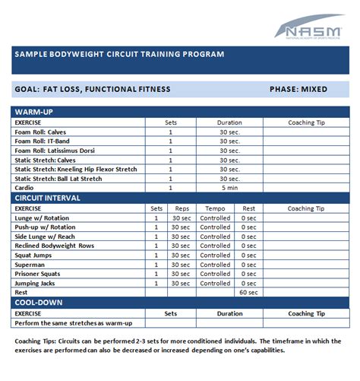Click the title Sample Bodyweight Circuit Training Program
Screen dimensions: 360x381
[x=119, y=55]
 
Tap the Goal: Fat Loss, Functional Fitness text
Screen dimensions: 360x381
[x=92, y=89]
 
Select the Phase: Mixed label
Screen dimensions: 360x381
[x=298, y=89]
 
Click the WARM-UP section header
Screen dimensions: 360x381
[x=35, y=112]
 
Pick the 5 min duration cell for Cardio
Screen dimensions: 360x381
[x=230, y=188]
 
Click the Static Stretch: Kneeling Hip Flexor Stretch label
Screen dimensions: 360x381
[x=76, y=169]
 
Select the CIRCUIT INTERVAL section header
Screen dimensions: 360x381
[x=48, y=198]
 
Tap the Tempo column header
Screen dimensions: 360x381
[x=215, y=208]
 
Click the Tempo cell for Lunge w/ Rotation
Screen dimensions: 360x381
[x=215, y=217]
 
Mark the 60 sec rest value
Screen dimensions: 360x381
[x=248, y=292]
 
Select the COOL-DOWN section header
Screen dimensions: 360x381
[x=37, y=302]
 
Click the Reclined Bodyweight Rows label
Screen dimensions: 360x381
[x=55, y=246]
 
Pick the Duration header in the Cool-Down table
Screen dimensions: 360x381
[x=230, y=313]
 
